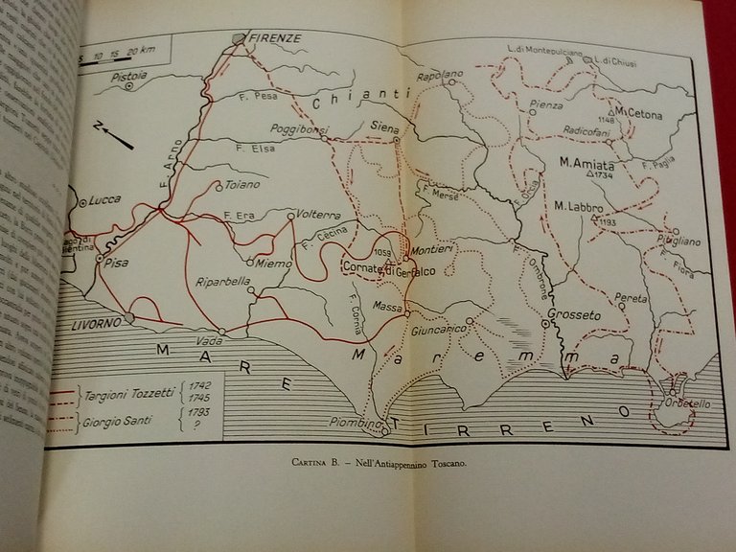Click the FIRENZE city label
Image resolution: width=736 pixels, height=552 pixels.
pyautogui.click(x=275, y=38)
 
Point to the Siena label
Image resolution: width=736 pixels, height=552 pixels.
pyautogui.click(x=384, y=125)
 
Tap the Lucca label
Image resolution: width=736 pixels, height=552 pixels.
pyautogui.click(x=104, y=199)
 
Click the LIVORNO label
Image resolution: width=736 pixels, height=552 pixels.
pyautogui.click(x=97, y=322)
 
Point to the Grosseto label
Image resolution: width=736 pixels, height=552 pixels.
pyautogui.click(x=574, y=313)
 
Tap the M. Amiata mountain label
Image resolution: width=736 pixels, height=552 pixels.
pyautogui.click(x=586, y=164)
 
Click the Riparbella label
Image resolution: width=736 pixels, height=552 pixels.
pyautogui.click(x=221, y=282)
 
